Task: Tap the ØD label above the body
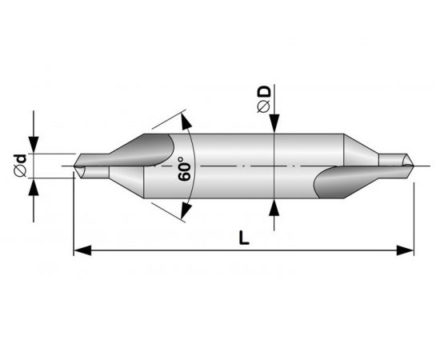(263, 98)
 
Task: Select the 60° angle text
(186, 166)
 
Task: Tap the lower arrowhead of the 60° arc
(186, 210)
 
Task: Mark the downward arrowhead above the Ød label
(34, 146)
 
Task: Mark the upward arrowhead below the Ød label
(34, 185)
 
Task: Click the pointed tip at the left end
(75, 168)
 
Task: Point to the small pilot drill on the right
(394, 162)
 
